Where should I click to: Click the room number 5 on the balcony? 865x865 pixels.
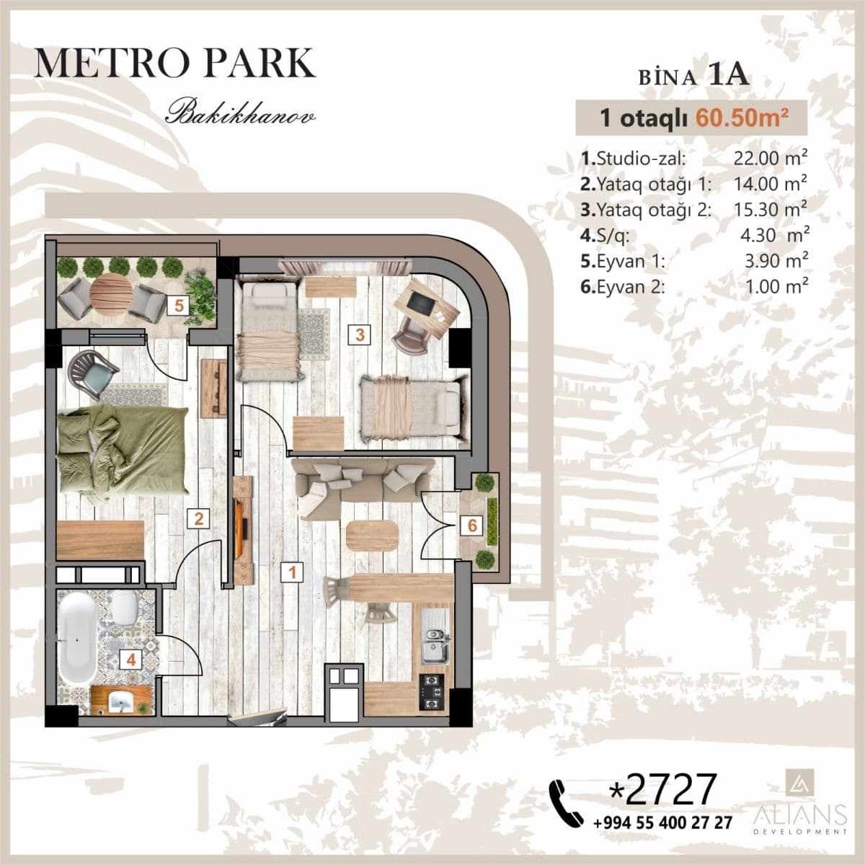coord(178,305)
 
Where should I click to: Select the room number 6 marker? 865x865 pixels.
coord(472,525)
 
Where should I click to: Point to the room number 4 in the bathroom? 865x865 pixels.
coord(130,658)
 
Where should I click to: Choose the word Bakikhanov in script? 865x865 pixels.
coord(241,114)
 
